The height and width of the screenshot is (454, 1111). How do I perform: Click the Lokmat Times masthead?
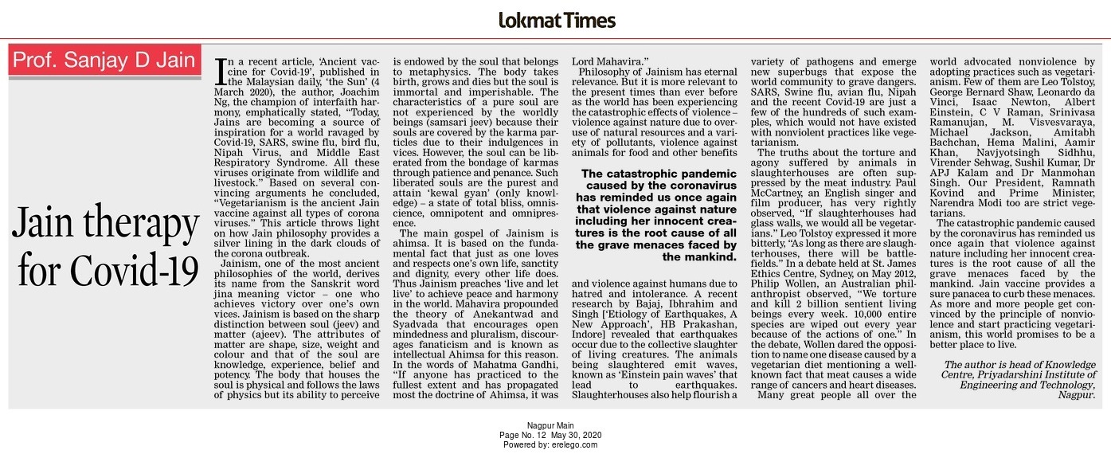(556, 20)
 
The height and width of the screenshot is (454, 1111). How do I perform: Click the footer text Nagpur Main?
(550, 426)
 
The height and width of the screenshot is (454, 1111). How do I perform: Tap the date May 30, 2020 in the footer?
(580, 436)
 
